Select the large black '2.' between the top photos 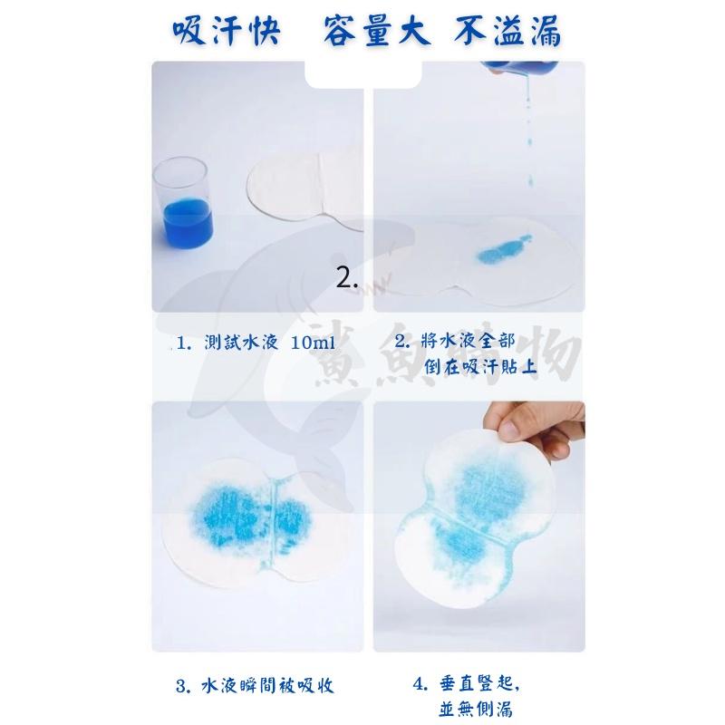(x=347, y=278)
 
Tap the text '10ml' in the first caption (x=314, y=343)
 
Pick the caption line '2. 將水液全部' (x=455, y=342)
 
